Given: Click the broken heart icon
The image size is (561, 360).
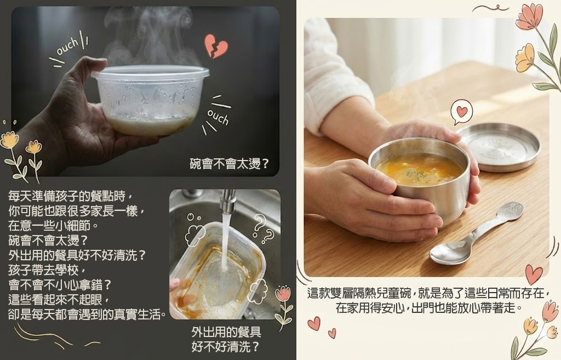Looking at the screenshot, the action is (216, 46).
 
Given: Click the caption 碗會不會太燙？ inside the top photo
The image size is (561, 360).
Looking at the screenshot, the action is (229, 164).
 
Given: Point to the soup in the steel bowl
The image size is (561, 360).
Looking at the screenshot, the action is (419, 169).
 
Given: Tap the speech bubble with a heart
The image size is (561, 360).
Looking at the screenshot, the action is (461, 112).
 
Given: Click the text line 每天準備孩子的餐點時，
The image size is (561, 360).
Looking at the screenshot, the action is (72, 196).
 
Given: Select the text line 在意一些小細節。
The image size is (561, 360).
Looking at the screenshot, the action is (53, 225).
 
